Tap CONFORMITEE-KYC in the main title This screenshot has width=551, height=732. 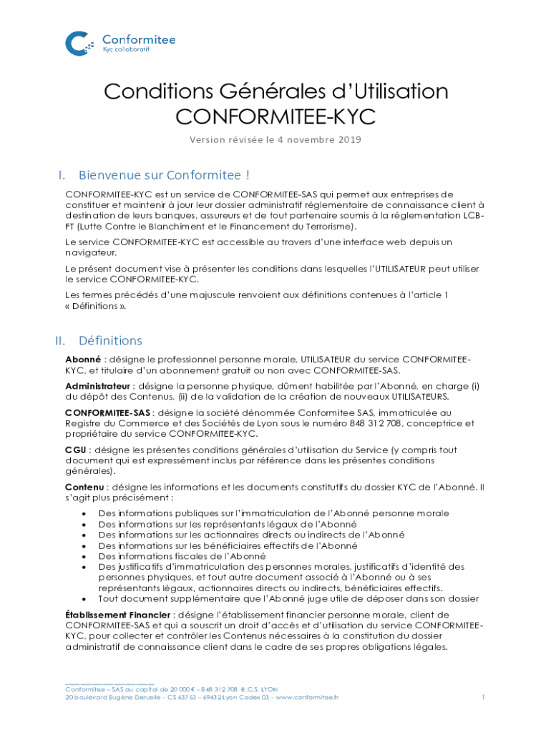[x=275, y=117]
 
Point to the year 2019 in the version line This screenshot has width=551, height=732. [x=347, y=139]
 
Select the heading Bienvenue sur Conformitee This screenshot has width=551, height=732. [x=164, y=175]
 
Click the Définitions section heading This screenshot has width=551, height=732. [x=110, y=341]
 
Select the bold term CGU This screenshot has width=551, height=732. [x=76, y=450]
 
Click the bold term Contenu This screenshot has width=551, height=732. [x=83, y=487]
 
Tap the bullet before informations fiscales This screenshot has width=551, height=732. [x=85, y=556]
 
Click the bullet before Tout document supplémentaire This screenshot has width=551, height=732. [x=85, y=599]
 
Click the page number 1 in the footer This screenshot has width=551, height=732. [x=484, y=697]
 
